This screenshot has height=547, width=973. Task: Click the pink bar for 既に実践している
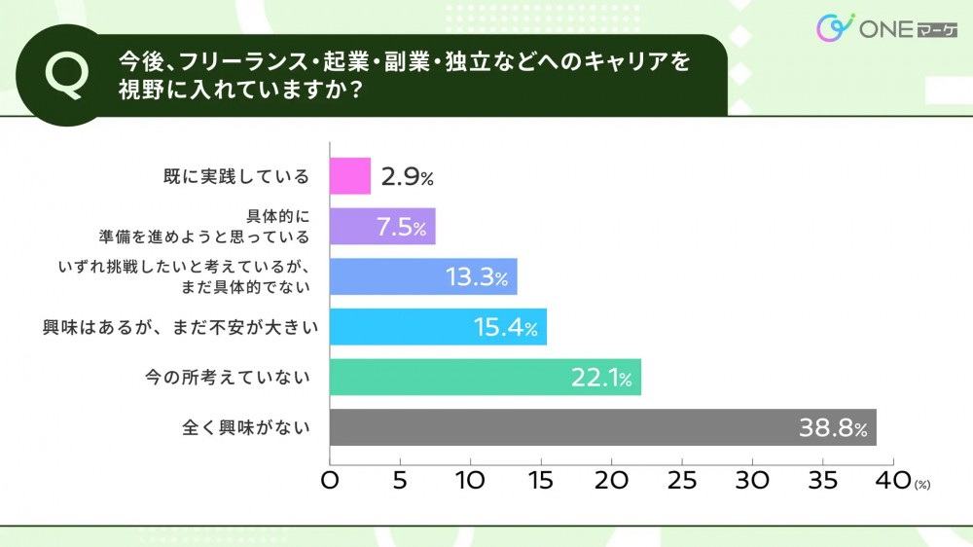[350, 176]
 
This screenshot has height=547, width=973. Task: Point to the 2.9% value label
[407, 177]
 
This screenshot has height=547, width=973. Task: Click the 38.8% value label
[833, 428]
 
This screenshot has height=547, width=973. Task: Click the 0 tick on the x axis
[330, 481]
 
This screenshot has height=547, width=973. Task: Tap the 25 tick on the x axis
[683, 481]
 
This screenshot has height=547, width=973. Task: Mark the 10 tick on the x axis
[470, 481]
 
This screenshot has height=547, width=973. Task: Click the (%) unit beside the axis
[922, 485]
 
